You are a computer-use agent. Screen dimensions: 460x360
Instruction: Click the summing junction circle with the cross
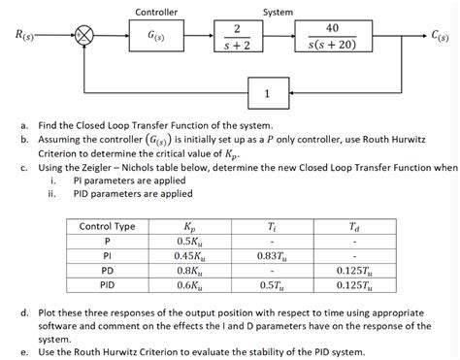coord(86,38)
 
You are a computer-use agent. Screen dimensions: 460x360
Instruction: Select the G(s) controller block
coord(155,38)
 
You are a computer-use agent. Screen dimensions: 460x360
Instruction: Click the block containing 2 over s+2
coord(230,38)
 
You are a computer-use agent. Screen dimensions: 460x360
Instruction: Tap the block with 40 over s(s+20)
coord(333,38)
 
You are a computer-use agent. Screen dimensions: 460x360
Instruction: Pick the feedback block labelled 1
coord(267,94)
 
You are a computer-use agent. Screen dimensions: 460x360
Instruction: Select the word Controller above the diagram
coord(155,12)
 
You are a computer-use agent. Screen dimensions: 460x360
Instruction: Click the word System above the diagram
coord(279,12)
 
